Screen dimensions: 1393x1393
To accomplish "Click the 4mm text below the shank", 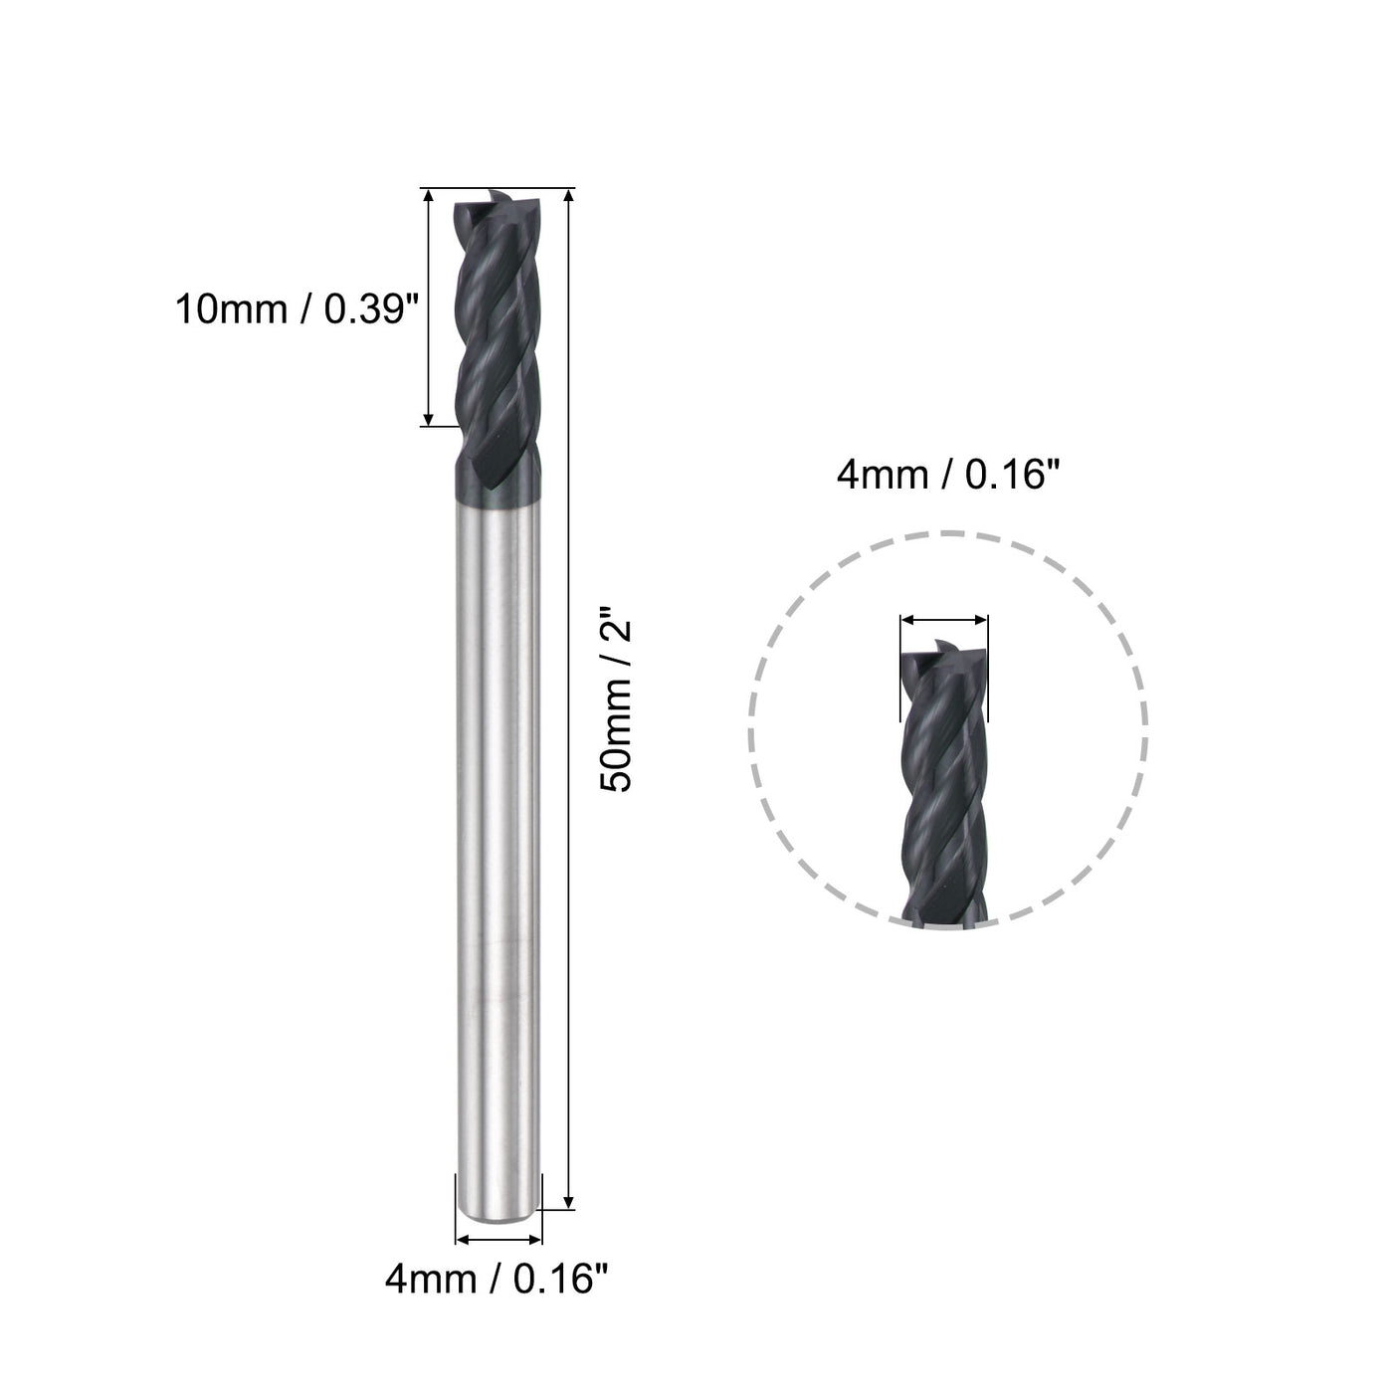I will [429, 1279].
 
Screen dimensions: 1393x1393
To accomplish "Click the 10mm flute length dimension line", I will [429, 308].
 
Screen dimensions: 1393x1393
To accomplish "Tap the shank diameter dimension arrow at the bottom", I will [497, 1240].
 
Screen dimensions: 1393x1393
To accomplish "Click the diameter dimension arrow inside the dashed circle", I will [943, 619].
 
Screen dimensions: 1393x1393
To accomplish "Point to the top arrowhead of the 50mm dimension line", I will [568, 196].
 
